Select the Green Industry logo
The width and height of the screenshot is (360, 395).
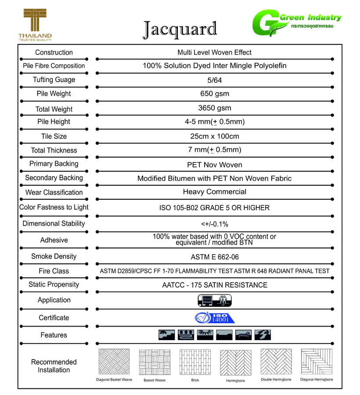click(296, 25)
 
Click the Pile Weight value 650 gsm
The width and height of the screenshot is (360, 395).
click(214, 93)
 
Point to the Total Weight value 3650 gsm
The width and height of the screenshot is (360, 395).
click(214, 108)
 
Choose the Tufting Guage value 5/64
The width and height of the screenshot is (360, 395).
click(214, 80)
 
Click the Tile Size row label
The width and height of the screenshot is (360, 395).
click(54, 136)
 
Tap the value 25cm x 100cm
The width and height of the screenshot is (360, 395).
click(214, 136)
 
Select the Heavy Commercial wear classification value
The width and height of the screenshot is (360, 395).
click(214, 192)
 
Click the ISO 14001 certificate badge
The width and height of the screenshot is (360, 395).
click(215, 317)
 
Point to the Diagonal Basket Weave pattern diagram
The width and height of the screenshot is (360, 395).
click(114, 362)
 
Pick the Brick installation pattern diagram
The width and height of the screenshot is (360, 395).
click(195, 362)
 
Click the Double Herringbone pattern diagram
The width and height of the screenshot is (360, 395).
click(276, 362)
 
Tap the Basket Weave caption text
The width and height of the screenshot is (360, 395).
click(155, 380)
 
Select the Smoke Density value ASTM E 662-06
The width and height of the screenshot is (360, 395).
click(214, 257)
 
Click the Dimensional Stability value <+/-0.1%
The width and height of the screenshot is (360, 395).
click(214, 224)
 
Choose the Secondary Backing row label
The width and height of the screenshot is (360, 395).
click(54, 178)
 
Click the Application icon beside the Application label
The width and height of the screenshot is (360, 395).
click(215, 300)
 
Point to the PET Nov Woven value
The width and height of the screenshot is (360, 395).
click(214, 165)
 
